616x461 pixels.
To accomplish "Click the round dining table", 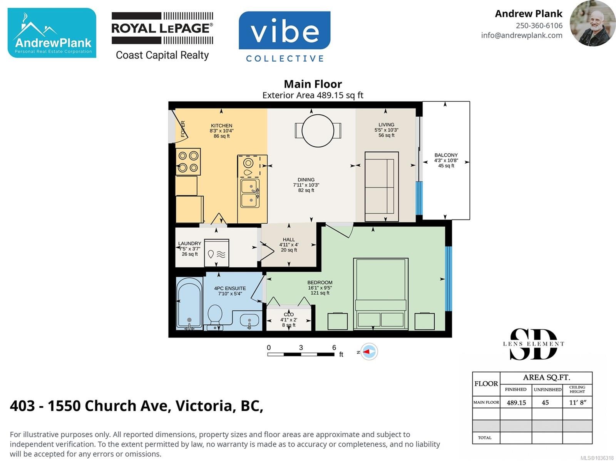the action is pyautogui.click(x=318, y=131).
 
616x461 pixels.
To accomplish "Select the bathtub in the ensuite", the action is pyautogui.click(x=189, y=303).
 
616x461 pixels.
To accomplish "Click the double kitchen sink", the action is pyautogui.click(x=250, y=193).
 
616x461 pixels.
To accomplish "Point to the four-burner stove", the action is pyautogui.click(x=188, y=162).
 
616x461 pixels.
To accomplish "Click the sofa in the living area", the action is pyautogui.click(x=382, y=187).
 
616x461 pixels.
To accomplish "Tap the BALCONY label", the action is pyautogui.click(x=446, y=155).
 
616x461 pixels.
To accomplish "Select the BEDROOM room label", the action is pyautogui.click(x=320, y=282).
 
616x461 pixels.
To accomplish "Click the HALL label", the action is pyautogui.click(x=289, y=240).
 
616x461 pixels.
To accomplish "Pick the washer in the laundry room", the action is pyautogui.click(x=216, y=253).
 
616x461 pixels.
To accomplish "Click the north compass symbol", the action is pyautogui.click(x=368, y=352).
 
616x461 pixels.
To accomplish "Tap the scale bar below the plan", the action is pyautogui.click(x=301, y=354).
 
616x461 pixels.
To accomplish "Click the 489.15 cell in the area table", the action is pyautogui.click(x=516, y=402).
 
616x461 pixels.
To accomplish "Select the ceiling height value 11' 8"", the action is pyautogui.click(x=577, y=402).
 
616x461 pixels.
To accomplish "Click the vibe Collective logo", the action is pyautogui.click(x=285, y=37).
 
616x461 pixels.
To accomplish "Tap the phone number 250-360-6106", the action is pyautogui.click(x=539, y=25).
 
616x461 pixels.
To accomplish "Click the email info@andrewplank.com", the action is pyautogui.click(x=522, y=35).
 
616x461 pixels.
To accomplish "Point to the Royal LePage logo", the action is pyautogui.click(x=162, y=36).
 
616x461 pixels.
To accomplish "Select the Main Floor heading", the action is pyautogui.click(x=313, y=84).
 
